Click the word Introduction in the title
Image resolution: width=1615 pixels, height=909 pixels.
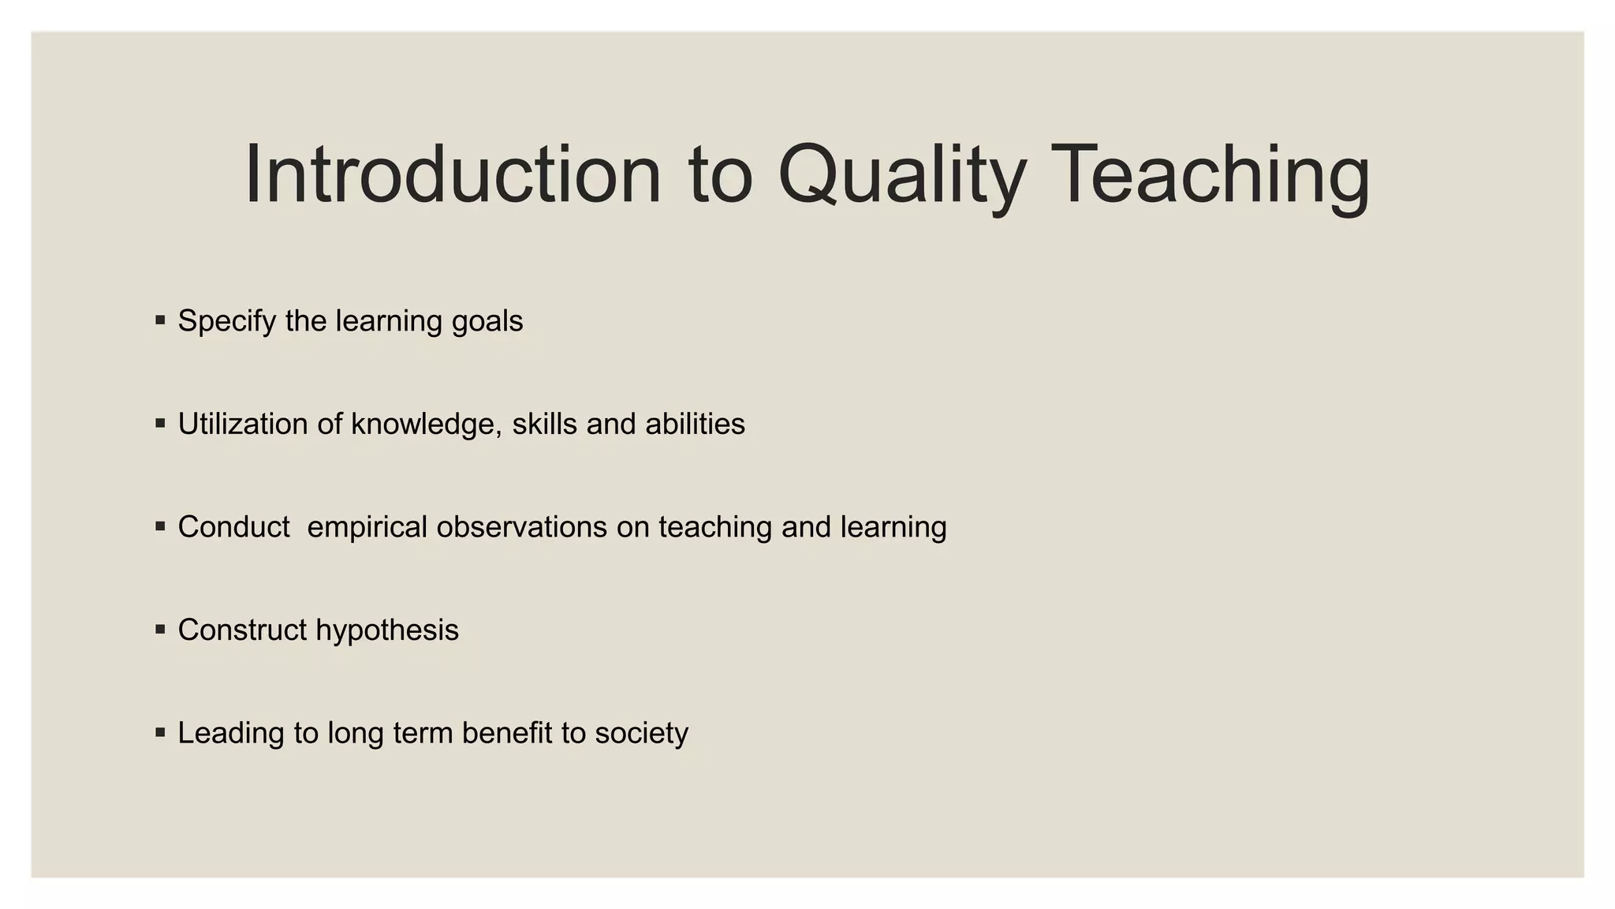tap(453, 175)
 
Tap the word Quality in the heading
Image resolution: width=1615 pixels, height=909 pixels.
tap(901, 175)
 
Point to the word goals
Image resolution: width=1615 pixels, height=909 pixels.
tap(487, 322)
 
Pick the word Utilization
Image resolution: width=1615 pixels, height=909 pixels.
tap(243, 425)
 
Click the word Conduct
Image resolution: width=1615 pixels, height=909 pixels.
tap(233, 527)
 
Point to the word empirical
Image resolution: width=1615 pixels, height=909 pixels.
tap(367, 527)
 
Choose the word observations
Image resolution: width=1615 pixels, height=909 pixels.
tap(522, 527)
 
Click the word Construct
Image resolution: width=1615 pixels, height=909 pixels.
tap(242, 630)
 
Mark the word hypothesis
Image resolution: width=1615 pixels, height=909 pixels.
tap(387, 630)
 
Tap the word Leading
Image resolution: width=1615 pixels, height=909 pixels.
tap(231, 733)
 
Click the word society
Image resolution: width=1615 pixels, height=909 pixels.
tap(641, 733)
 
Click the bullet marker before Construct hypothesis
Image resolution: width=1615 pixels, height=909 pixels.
tap(161, 630)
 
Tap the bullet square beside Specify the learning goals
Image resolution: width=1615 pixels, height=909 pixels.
tap(161, 320)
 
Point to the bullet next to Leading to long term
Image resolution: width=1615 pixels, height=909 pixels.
tap(161, 732)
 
